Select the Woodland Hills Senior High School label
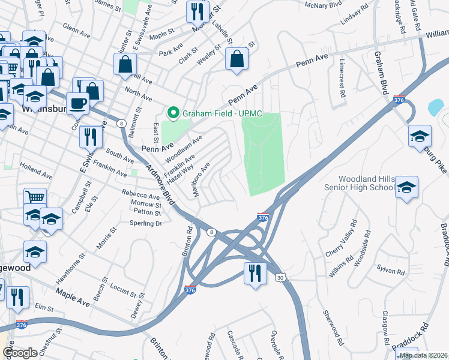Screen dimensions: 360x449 pyautogui.click(x=367, y=183)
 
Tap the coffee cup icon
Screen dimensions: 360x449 pyautogui.click(x=77, y=103)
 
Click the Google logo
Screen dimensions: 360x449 pyautogui.click(x=20, y=353)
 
